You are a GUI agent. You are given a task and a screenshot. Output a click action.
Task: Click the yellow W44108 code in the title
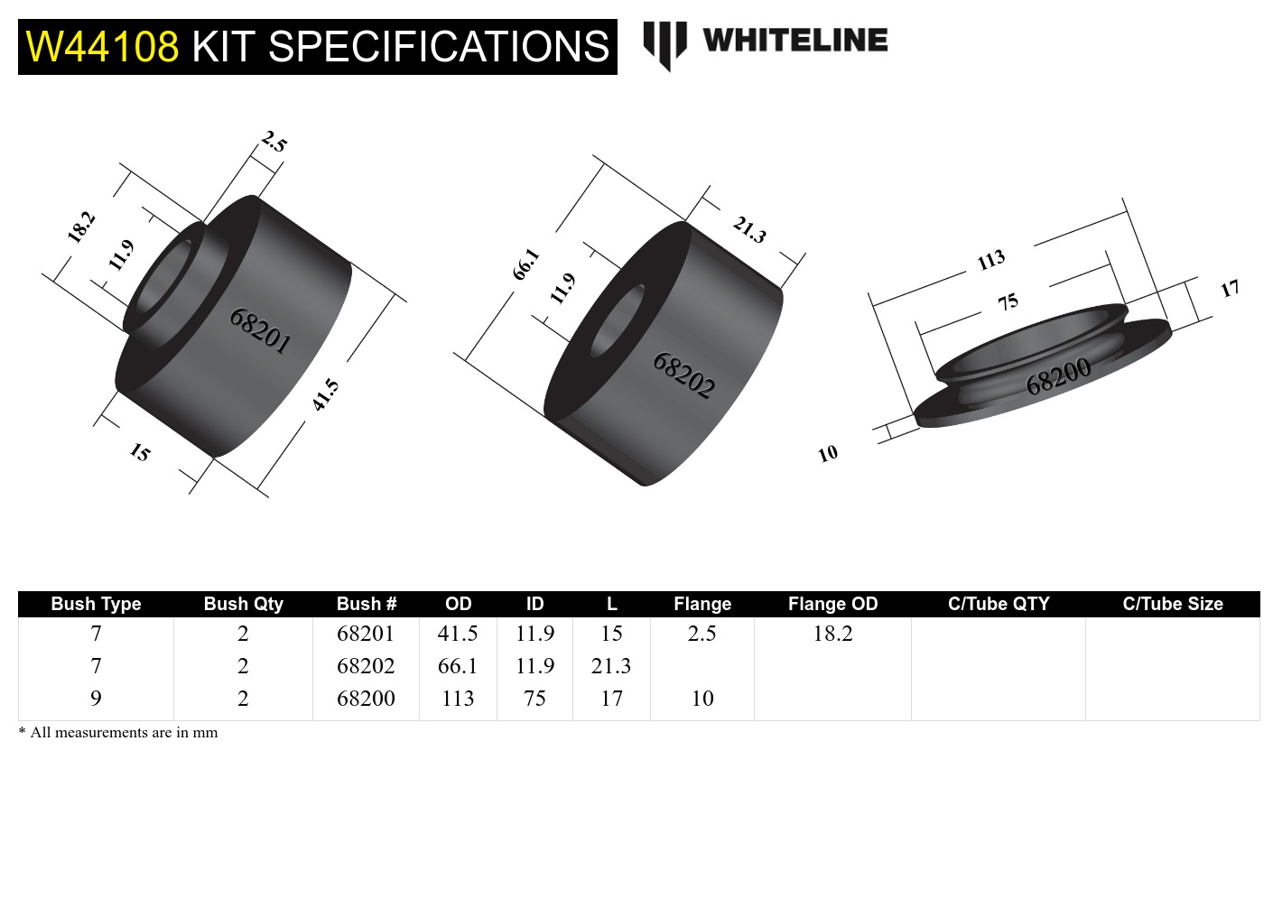tap(102, 47)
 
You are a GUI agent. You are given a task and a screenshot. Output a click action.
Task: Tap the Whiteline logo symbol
tap(664, 43)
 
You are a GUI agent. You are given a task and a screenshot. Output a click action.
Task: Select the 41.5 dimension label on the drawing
tap(325, 395)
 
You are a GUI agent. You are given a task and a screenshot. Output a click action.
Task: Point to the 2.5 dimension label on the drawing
tap(274, 142)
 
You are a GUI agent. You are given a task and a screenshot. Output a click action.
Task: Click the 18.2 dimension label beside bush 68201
tap(81, 227)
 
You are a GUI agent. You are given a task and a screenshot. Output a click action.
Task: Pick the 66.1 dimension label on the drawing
tap(525, 264)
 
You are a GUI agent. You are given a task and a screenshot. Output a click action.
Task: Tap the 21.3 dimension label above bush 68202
tap(749, 229)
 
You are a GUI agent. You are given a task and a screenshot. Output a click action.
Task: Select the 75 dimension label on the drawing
tap(1008, 301)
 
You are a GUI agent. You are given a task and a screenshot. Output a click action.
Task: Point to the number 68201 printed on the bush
tap(260, 330)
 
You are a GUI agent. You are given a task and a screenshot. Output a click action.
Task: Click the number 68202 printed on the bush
tap(684, 375)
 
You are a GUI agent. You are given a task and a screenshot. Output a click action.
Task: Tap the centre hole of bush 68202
tap(618, 320)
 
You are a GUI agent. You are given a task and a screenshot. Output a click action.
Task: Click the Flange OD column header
tap(832, 604)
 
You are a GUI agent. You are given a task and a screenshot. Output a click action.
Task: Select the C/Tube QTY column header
tap(999, 604)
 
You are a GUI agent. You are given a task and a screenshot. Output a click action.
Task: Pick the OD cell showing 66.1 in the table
tap(458, 666)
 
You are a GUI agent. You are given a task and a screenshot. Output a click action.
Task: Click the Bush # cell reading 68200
tap(366, 699)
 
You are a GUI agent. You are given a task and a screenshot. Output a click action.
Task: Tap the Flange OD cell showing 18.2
tap(832, 634)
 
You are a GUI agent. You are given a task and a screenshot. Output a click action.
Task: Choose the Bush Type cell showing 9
tap(96, 699)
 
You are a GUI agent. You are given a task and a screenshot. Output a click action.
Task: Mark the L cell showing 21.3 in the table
tap(611, 666)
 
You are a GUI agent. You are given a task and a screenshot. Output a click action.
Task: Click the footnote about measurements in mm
tap(118, 732)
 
